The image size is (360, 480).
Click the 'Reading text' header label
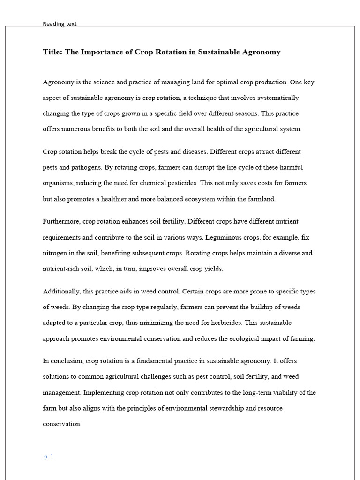(60, 24)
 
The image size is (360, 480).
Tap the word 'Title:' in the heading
(52, 52)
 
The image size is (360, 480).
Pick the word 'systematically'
(277, 98)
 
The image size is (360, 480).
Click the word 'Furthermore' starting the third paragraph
(61, 221)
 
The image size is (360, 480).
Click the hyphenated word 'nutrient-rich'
(62, 269)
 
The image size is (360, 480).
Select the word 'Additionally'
(61, 291)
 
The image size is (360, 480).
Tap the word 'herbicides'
(226, 322)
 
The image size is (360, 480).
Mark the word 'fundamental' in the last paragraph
(152, 361)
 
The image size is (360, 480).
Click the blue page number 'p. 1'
(49, 457)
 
